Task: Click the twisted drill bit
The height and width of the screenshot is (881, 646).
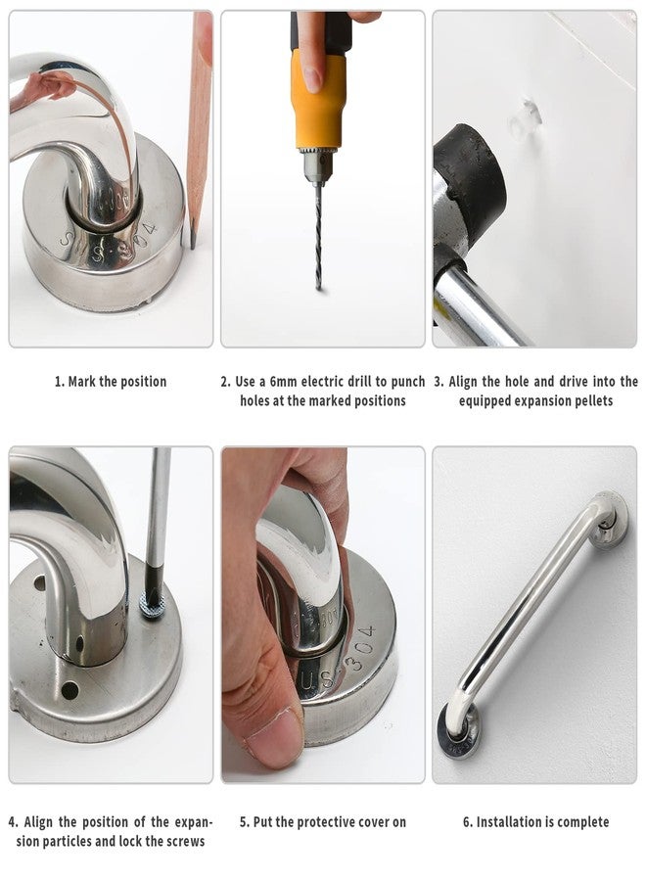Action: point(318,236)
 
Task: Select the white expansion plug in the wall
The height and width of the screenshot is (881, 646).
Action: point(526,119)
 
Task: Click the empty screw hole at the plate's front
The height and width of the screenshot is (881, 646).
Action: point(69,690)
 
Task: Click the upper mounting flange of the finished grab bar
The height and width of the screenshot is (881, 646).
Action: point(611,521)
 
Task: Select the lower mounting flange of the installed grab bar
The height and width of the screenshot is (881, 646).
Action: point(458,731)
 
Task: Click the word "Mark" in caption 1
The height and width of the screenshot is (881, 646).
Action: point(81,382)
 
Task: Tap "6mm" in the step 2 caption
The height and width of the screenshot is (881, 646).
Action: point(283,382)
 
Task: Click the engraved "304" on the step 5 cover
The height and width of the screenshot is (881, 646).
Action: point(360,647)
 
